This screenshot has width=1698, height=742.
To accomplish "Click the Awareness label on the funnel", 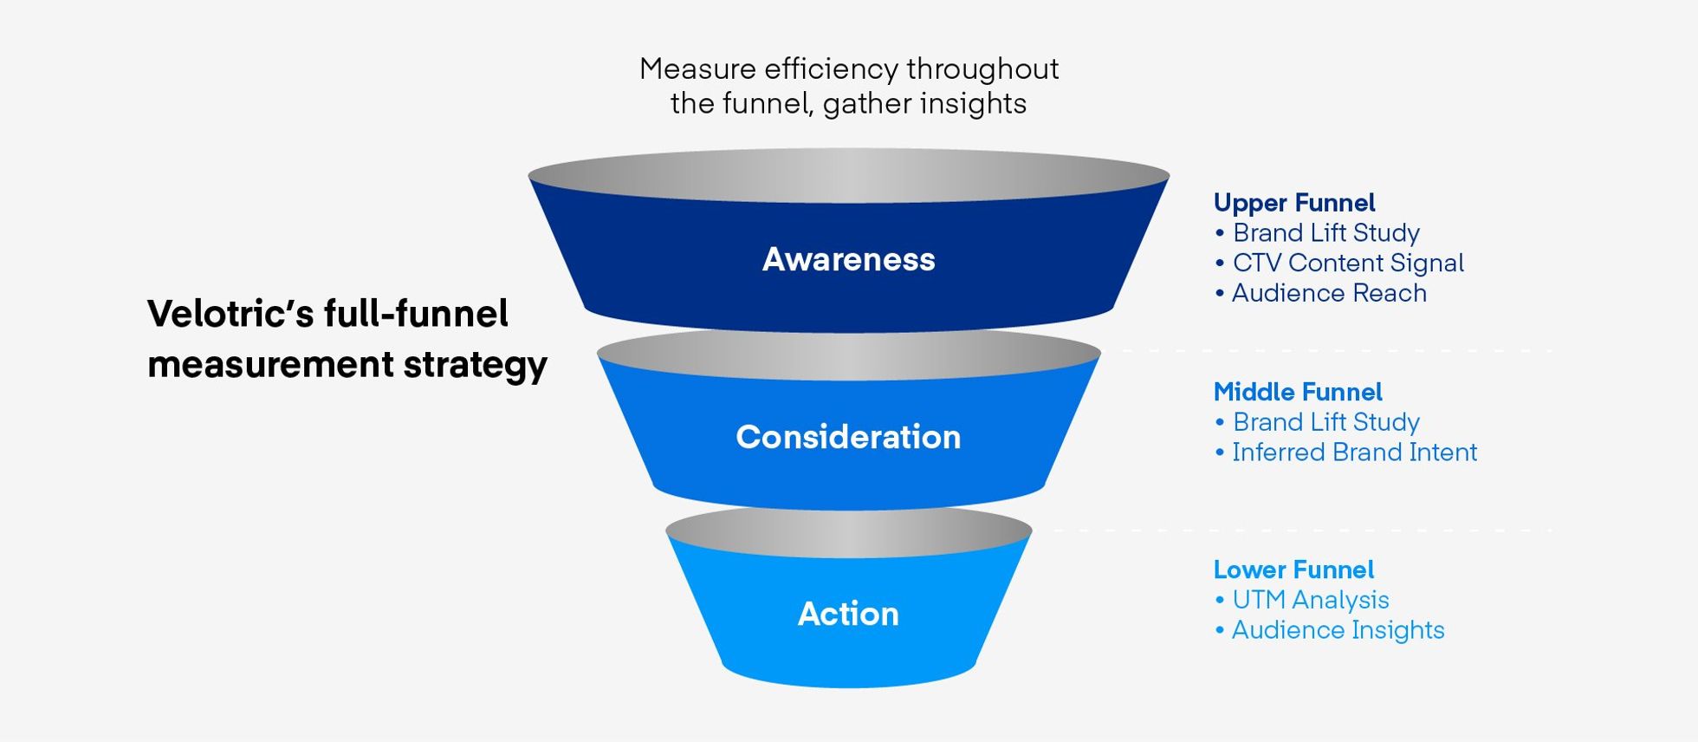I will coord(848,259).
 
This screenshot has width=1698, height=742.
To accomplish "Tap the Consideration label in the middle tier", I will coord(848,437).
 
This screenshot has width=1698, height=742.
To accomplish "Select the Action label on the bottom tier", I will coord(848,614).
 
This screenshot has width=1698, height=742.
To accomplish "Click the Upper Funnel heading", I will coord(1294,203).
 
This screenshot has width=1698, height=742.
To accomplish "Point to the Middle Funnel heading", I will coord(1298,392).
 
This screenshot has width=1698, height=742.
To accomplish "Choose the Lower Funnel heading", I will coord(1293,570).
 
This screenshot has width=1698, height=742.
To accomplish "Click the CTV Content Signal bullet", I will coord(1347,263).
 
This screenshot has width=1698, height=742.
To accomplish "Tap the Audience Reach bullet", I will coord(1328,293).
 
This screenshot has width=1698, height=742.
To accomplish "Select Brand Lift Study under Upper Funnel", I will coord(1325,233).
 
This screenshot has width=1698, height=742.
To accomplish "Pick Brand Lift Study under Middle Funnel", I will coord(1325,422).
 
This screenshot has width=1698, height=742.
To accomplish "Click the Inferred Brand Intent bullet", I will coord(1353,452).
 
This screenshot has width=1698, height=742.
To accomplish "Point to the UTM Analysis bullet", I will coord(1310,600).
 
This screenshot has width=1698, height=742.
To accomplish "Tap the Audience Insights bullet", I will coord(1338,630).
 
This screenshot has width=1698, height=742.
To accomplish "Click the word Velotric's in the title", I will coord(230,314).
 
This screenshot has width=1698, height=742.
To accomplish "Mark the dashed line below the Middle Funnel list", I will coord(1299,530).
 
